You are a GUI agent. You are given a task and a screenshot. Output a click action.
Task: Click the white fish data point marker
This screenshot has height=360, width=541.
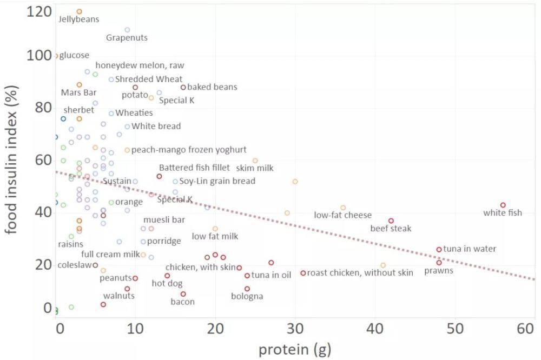pyautogui.click(x=503, y=205)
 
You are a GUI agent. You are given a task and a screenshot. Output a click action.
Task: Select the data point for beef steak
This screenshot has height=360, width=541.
pyautogui.click(x=391, y=221)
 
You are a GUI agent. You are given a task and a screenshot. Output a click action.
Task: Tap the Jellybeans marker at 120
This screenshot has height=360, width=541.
pyautogui.click(x=80, y=12)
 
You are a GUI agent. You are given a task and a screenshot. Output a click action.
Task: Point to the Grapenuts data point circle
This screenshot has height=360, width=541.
pyautogui.click(x=127, y=30)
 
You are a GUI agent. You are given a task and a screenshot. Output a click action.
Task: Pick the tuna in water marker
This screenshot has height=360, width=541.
pyautogui.click(x=439, y=249)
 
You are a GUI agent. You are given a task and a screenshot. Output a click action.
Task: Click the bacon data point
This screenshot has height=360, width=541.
pyautogui.click(x=183, y=294)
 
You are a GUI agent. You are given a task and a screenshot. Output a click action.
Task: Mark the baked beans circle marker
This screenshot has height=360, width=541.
pyautogui.click(x=183, y=87)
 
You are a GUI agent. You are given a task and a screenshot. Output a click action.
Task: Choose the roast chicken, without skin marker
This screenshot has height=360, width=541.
pyautogui.click(x=303, y=273)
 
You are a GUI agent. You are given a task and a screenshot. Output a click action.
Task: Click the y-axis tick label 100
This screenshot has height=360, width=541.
pyautogui.click(x=39, y=55)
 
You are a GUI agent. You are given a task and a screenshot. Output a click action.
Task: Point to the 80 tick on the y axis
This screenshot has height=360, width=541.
pyautogui.click(x=43, y=108)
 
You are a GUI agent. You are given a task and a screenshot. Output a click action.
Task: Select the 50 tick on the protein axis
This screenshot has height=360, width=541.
pyautogui.click(x=455, y=329)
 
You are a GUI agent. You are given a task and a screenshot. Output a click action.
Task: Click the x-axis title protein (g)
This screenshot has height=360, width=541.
pyautogui.click(x=295, y=350)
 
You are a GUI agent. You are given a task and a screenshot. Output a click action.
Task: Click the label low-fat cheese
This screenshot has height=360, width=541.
pyautogui.click(x=342, y=215)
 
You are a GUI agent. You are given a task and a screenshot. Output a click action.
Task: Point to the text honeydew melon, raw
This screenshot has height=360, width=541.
pyautogui.click(x=140, y=65)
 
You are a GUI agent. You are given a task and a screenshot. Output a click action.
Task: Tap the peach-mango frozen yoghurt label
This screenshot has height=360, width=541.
pyautogui.click(x=189, y=150)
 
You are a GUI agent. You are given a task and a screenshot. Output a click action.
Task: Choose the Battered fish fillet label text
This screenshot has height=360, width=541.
pyautogui.click(x=194, y=168)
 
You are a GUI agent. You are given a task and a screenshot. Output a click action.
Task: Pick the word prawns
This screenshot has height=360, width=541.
pyautogui.click(x=439, y=271)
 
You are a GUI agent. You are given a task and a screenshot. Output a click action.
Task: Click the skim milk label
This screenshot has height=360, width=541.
pyautogui.click(x=255, y=168)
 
